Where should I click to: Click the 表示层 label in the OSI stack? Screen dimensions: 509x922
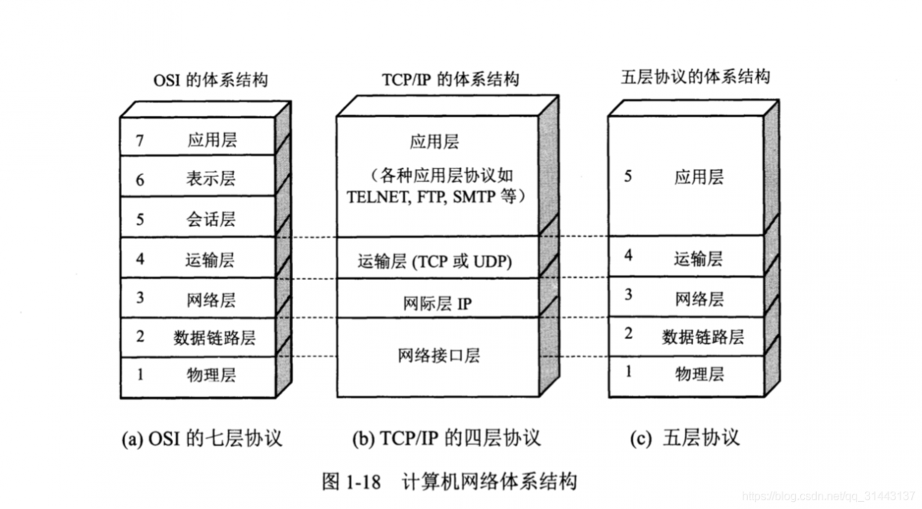[211, 179]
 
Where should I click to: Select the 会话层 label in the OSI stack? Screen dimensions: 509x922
[211, 218]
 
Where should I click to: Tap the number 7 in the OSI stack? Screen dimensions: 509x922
[140, 140]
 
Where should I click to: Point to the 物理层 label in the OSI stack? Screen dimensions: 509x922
[211, 374]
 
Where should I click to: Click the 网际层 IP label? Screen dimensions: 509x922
[437, 304]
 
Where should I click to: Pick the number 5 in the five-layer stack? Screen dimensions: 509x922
[628, 176]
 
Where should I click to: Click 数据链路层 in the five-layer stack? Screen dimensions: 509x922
[703, 336]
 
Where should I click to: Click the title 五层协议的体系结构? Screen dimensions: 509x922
[695, 77]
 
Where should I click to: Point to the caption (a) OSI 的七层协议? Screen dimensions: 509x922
[202, 438]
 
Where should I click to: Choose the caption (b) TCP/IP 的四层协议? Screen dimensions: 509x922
[447, 438]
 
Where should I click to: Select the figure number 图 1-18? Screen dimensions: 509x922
[351, 482]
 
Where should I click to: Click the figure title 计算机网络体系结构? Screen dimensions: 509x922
[491, 481]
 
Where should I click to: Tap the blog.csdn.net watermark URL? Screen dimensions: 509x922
[828, 497]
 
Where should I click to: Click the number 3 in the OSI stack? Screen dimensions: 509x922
[140, 298]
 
